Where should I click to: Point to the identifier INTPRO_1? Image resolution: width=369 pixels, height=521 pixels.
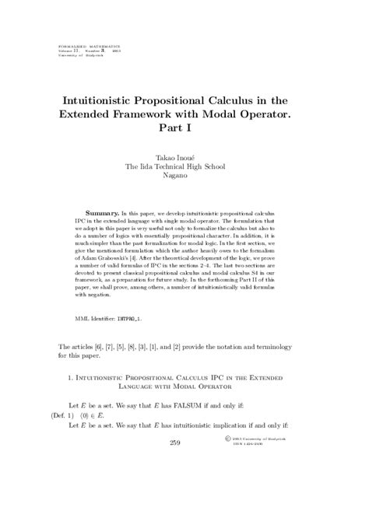point(128,319)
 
